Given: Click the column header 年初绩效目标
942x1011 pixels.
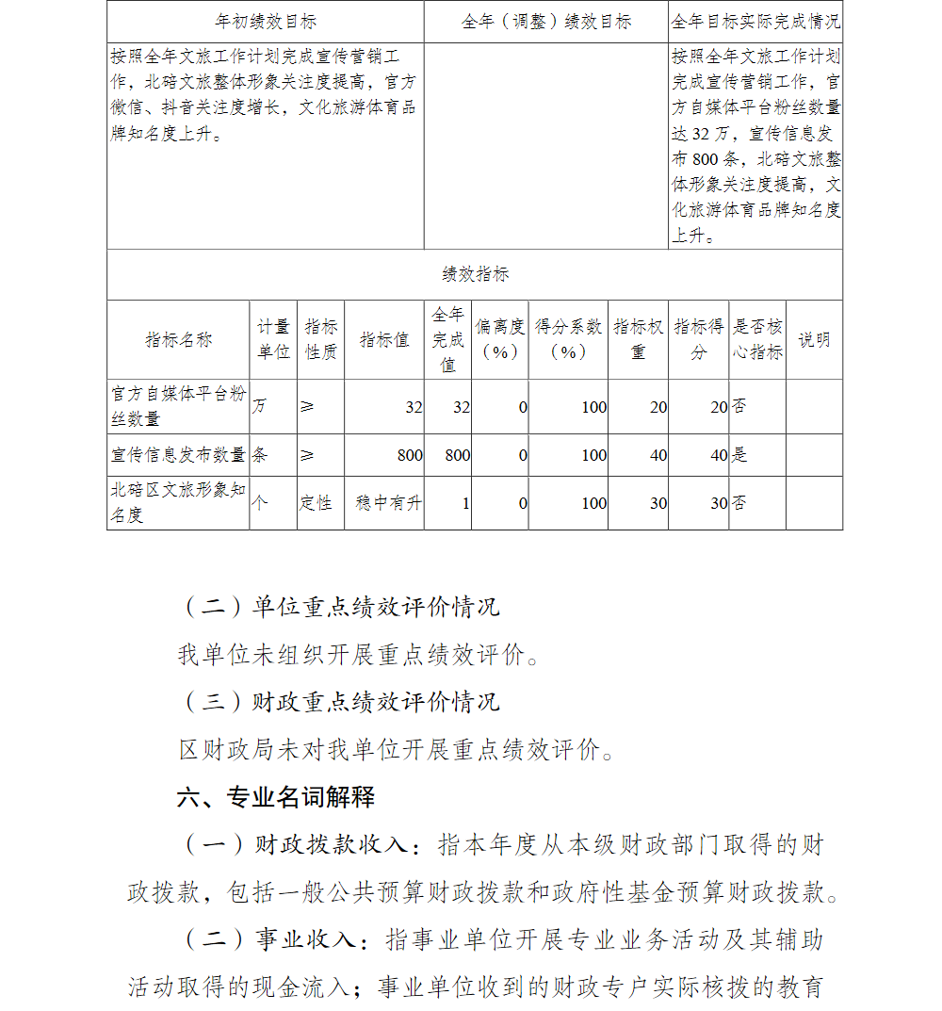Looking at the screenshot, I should (266, 21).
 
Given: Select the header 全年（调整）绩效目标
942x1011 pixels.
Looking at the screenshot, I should (546, 21).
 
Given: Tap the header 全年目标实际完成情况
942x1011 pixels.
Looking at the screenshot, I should (755, 21).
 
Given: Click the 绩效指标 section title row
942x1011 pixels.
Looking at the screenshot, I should (475, 274).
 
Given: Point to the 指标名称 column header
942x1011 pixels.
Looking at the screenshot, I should (178, 339).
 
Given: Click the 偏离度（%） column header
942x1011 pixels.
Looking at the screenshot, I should (500, 339).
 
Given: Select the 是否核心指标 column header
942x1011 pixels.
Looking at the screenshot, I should (758, 339).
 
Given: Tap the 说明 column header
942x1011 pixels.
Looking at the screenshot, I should (815, 339).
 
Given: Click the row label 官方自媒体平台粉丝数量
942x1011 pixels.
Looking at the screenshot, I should (178, 406).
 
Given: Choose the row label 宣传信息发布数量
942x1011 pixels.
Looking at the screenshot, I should (178, 455).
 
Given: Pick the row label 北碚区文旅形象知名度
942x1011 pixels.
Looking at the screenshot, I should (178, 502).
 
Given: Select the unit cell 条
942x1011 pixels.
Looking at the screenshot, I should (260, 455).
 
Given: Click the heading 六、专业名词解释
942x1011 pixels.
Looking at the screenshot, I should (276, 797).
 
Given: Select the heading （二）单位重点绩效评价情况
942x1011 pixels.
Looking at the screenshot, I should (339, 607).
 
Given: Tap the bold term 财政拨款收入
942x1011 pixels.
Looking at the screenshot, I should (333, 845).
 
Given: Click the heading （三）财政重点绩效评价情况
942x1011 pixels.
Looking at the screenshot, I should (339, 702).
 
